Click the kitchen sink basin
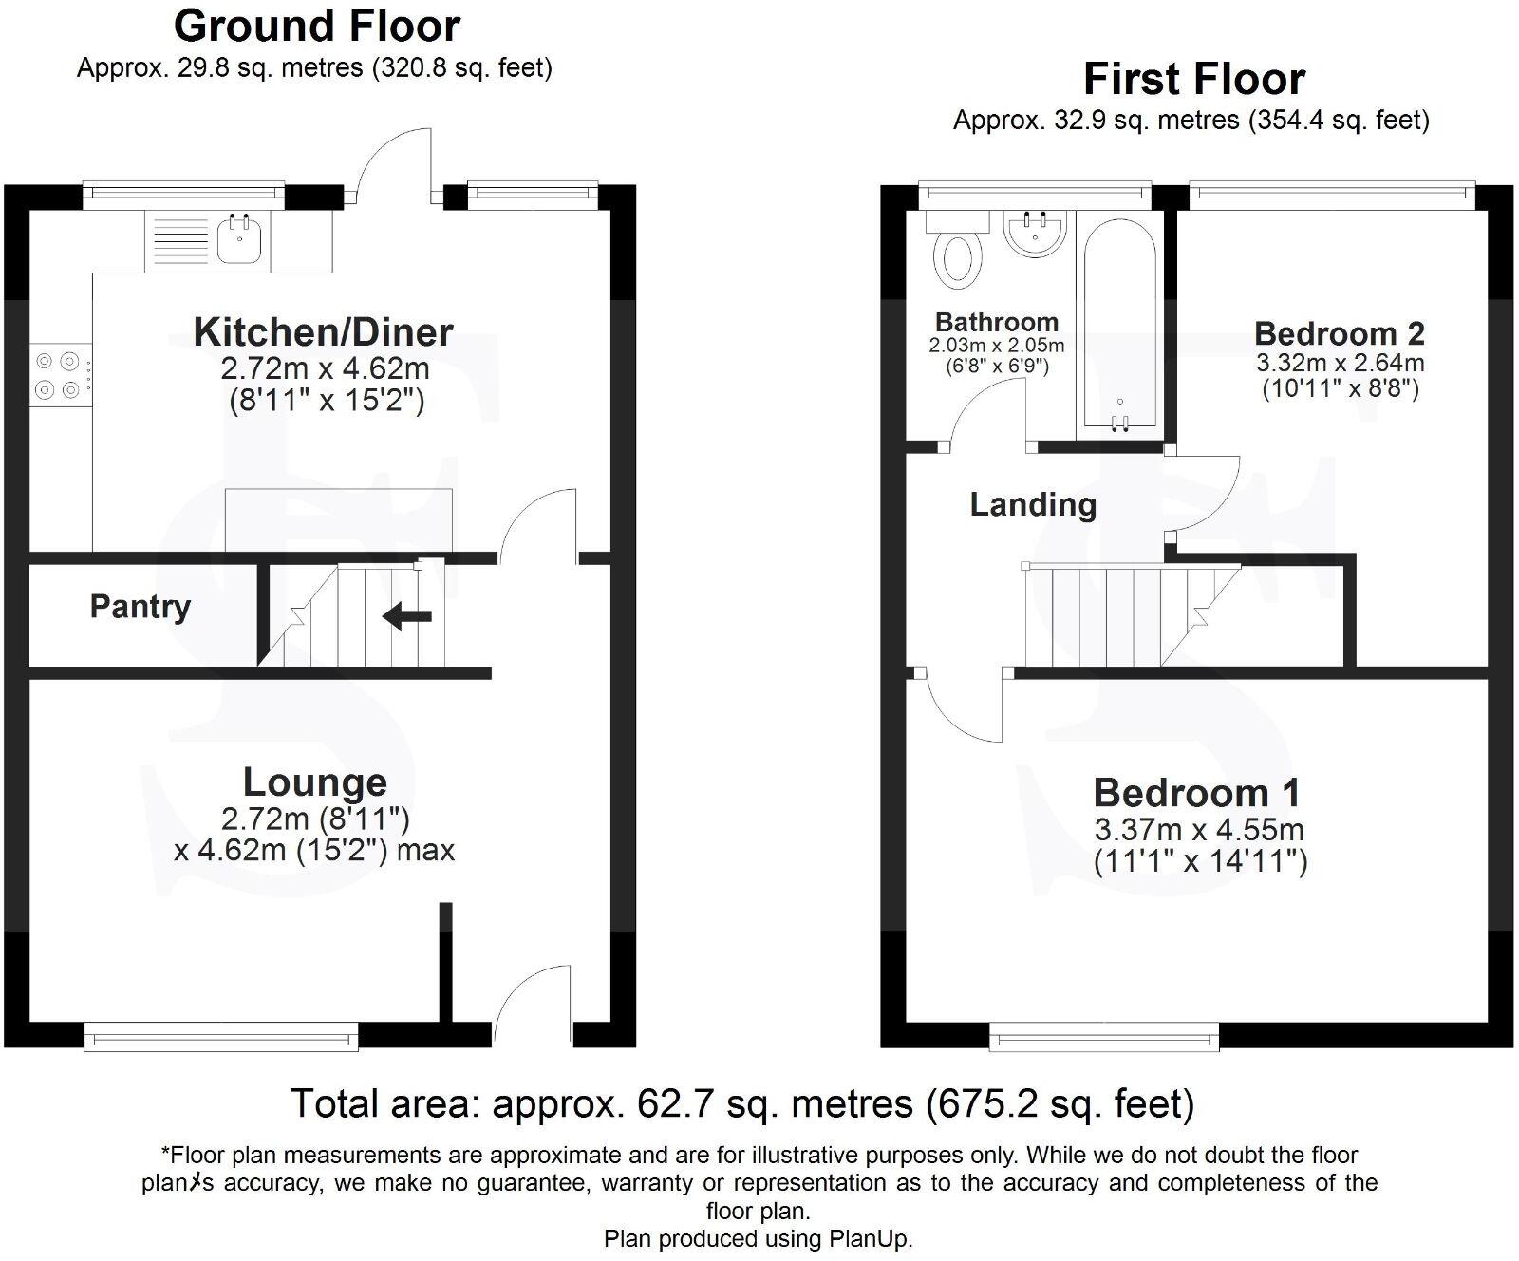[238, 238]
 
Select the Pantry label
[141, 607]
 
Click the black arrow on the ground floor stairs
[407, 617]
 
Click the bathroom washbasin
[1036, 233]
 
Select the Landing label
[1033, 505]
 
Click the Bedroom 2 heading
[1339, 334]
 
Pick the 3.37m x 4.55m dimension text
[1199, 830]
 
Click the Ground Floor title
[317, 26]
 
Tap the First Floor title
[1193, 79]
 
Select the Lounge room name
[315, 782]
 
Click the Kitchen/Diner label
[323, 332]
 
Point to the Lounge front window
[221, 1036]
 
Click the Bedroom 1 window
[1103, 1036]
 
